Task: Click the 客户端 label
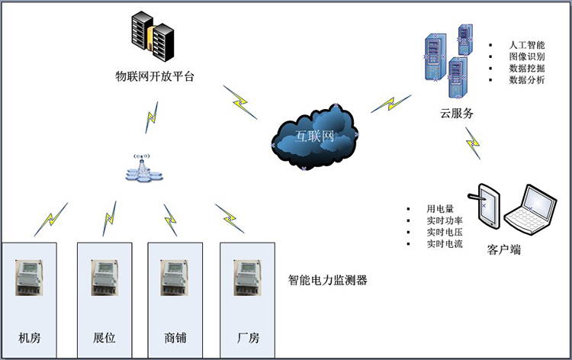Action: tap(504, 249)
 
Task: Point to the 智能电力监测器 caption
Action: tap(328, 280)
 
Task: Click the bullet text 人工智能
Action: tap(526, 45)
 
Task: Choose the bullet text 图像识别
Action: tap(526, 56)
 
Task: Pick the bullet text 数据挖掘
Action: tap(526, 68)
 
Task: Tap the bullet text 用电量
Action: tap(440, 208)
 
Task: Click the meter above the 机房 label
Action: tap(30, 277)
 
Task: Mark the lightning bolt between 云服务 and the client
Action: tap(474, 142)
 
